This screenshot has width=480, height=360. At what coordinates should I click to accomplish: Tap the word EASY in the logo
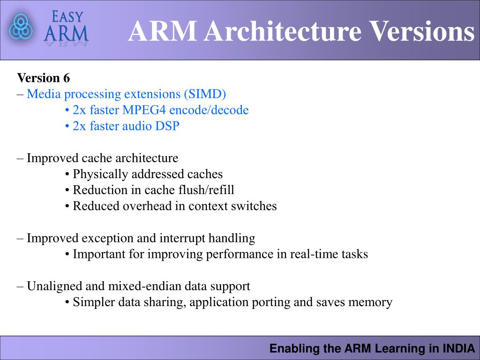pos(67,17)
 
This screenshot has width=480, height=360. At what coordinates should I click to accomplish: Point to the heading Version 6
pos(43,78)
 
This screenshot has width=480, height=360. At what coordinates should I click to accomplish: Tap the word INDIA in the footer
pos(459,348)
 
